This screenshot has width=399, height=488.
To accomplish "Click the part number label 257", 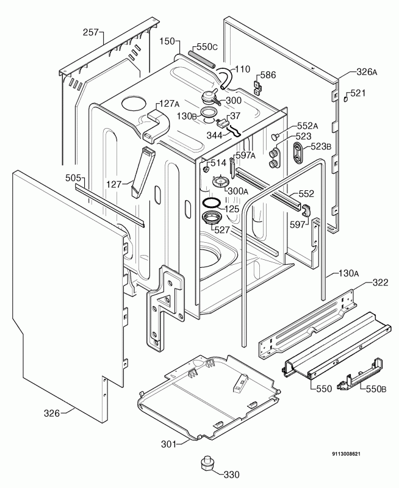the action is coord(90,32).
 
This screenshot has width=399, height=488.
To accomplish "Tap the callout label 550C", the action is coord(207,47).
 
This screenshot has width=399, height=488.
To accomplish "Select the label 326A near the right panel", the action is coord(367,72).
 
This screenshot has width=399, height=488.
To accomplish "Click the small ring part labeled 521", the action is coord(345,99).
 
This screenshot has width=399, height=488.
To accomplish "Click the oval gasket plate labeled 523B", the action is coord(298,152).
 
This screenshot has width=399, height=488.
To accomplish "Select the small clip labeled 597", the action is coord(306,210).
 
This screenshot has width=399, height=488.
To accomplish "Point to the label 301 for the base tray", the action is coord(168,444).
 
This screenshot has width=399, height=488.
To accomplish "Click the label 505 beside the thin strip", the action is coord(73,178).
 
